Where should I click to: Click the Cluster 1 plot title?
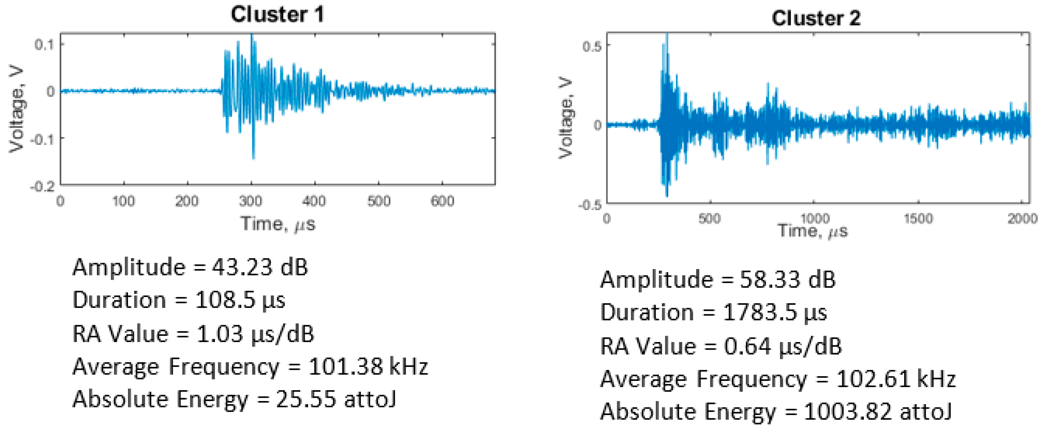pos(277,15)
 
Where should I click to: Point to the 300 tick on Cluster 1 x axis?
pos(250,201)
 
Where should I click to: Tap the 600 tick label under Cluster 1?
pos(442,201)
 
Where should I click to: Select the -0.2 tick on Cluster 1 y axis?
pos(42,186)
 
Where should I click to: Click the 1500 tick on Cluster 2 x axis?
pos(918,219)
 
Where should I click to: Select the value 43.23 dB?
pos(259,268)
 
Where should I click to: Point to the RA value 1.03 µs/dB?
pos(255,334)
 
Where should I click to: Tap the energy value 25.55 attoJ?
pos(336,399)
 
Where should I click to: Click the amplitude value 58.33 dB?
pos(788,280)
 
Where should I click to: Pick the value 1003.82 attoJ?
pos(877,412)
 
